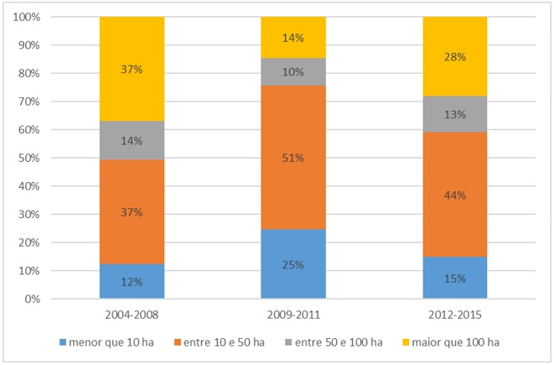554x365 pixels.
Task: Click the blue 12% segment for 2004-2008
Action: (x=132, y=282)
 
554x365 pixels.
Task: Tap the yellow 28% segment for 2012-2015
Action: (x=454, y=56)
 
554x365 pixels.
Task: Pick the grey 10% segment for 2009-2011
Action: (x=293, y=72)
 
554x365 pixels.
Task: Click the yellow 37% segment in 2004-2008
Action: (x=132, y=69)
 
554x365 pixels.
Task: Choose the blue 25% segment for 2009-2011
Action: (x=293, y=264)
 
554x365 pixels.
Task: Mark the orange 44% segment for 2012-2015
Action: (x=454, y=195)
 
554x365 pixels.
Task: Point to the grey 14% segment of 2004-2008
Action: (x=132, y=140)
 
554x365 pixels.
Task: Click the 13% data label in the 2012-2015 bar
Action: (x=454, y=115)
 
